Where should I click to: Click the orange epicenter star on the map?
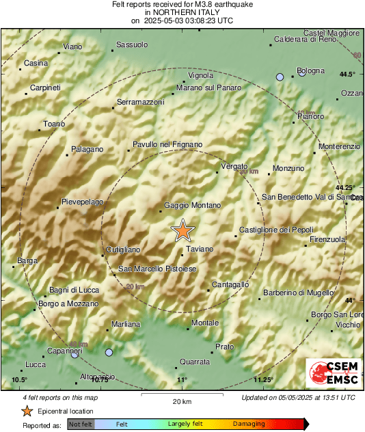click(182, 231)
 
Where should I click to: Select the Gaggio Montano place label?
click(193, 205)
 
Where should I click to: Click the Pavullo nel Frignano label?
click(167, 144)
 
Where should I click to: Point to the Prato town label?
click(224, 347)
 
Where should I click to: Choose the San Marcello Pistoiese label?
click(158, 269)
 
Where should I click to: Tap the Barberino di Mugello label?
click(295, 292)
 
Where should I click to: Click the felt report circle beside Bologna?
click(280, 77)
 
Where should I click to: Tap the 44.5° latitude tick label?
click(347, 74)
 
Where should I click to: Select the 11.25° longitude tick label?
click(263, 380)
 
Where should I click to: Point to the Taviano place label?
click(200, 249)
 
